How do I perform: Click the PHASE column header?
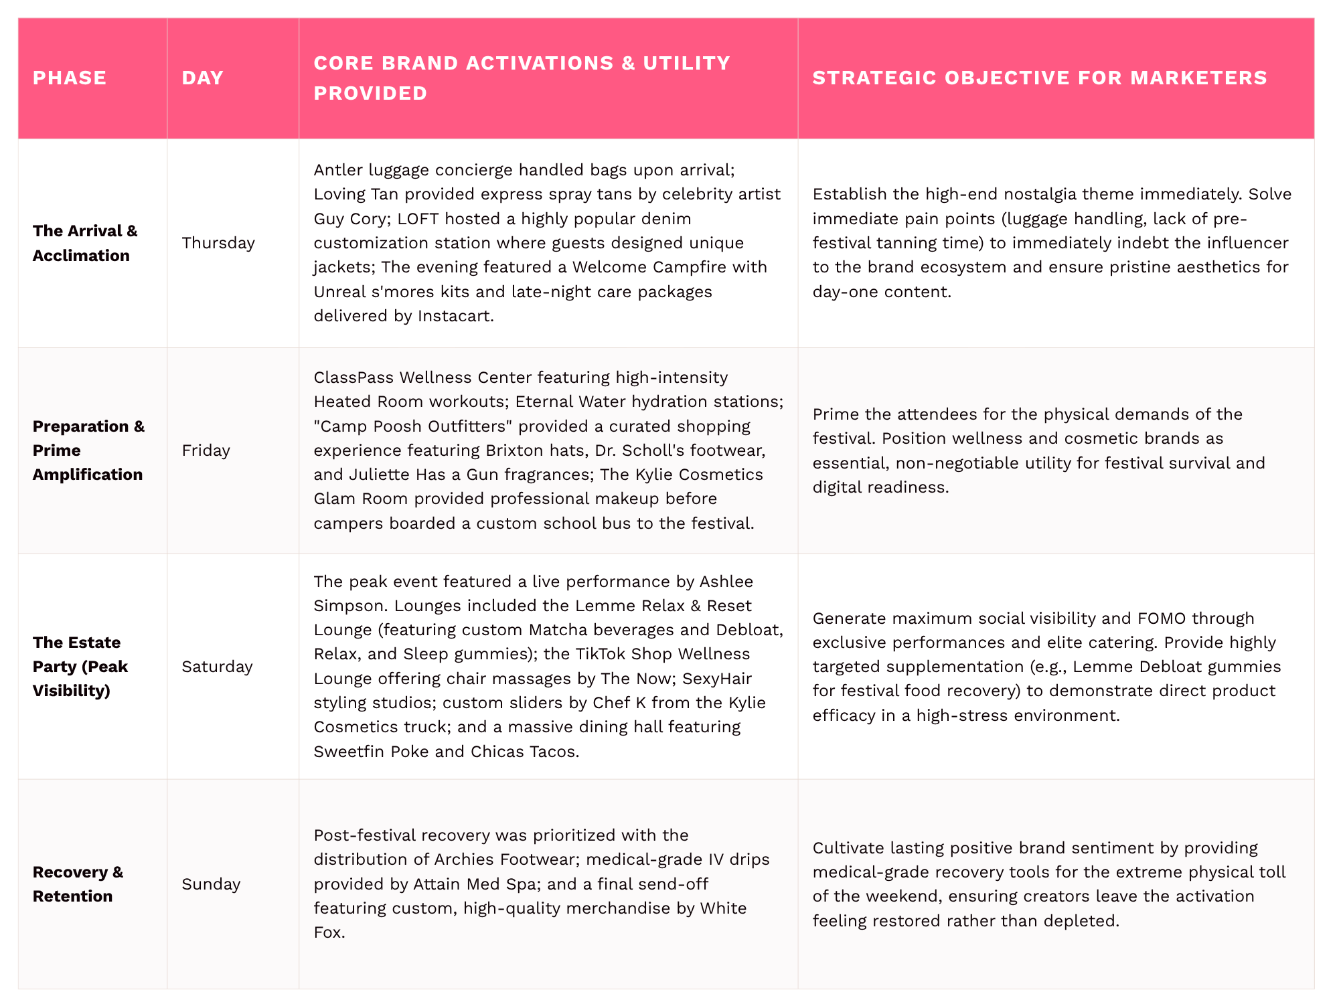tap(70, 78)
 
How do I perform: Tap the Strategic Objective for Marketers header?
tap(1039, 78)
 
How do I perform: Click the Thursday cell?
tap(218, 242)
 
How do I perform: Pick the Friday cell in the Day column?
tap(206, 450)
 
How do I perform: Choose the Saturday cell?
tap(217, 666)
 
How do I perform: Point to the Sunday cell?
tap(211, 884)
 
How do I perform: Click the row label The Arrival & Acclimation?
tap(84, 242)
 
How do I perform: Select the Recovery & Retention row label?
tap(78, 884)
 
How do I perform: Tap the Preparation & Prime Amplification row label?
tap(88, 450)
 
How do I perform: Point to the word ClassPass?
tap(353, 377)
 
